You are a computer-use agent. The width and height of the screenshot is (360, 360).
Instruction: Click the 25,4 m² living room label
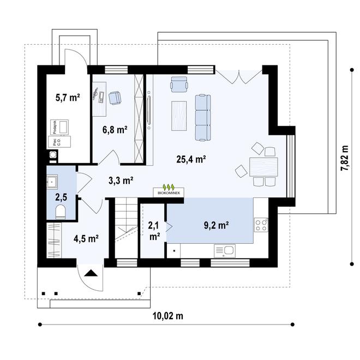click(x=190, y=160)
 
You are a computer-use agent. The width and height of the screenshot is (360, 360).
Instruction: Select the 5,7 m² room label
click(x=68, y=98)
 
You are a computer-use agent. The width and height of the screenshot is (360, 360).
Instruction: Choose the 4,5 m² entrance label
click(x=86, y=238)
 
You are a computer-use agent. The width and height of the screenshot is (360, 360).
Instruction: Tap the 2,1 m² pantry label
click(x=154, y=230)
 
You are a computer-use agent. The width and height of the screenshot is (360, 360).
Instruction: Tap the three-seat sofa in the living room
click(x=203, y=116)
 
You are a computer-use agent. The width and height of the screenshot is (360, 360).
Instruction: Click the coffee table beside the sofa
click(x=179, y=116)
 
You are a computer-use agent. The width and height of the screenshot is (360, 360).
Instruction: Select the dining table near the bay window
click(x=263, y=165)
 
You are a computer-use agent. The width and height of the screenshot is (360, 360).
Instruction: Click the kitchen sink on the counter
click(x=224, y=251)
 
